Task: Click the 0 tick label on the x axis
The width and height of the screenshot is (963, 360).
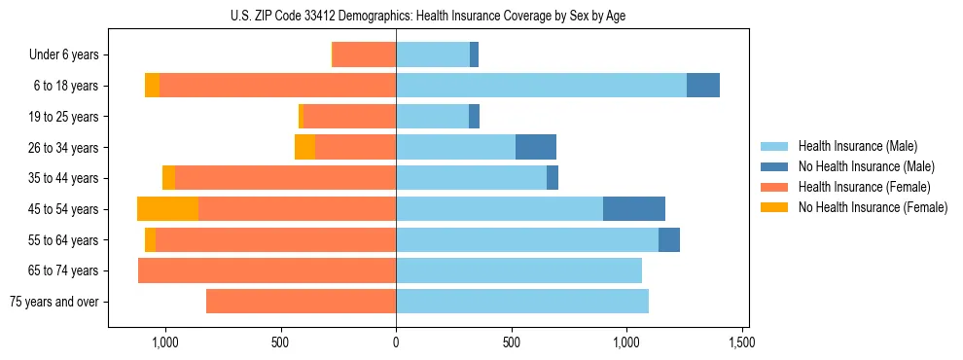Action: tap(396, 342)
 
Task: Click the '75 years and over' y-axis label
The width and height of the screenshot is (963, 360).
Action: tap(53, 302)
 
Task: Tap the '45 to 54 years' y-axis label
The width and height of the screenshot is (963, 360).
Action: tap(63, 209)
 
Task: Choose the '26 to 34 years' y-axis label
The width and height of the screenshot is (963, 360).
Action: tap(63, 148)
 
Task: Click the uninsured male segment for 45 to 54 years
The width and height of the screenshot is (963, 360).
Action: tap(634, 209)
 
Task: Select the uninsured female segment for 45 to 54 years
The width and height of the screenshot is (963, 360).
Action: tap(167, 209)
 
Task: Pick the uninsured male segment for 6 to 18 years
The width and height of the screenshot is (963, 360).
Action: tap(703, 86)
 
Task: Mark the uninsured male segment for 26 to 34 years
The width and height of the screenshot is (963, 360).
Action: tap(536, 148)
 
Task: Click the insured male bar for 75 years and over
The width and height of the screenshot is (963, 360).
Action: tap(522, 302)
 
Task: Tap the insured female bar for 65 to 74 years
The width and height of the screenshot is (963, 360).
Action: tap(267, 270)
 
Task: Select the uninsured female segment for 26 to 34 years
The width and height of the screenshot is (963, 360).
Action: tap(304, 148)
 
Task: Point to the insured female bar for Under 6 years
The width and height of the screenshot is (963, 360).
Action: tap(364, 55)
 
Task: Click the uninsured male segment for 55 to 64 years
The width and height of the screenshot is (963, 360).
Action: tap(669, 240)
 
